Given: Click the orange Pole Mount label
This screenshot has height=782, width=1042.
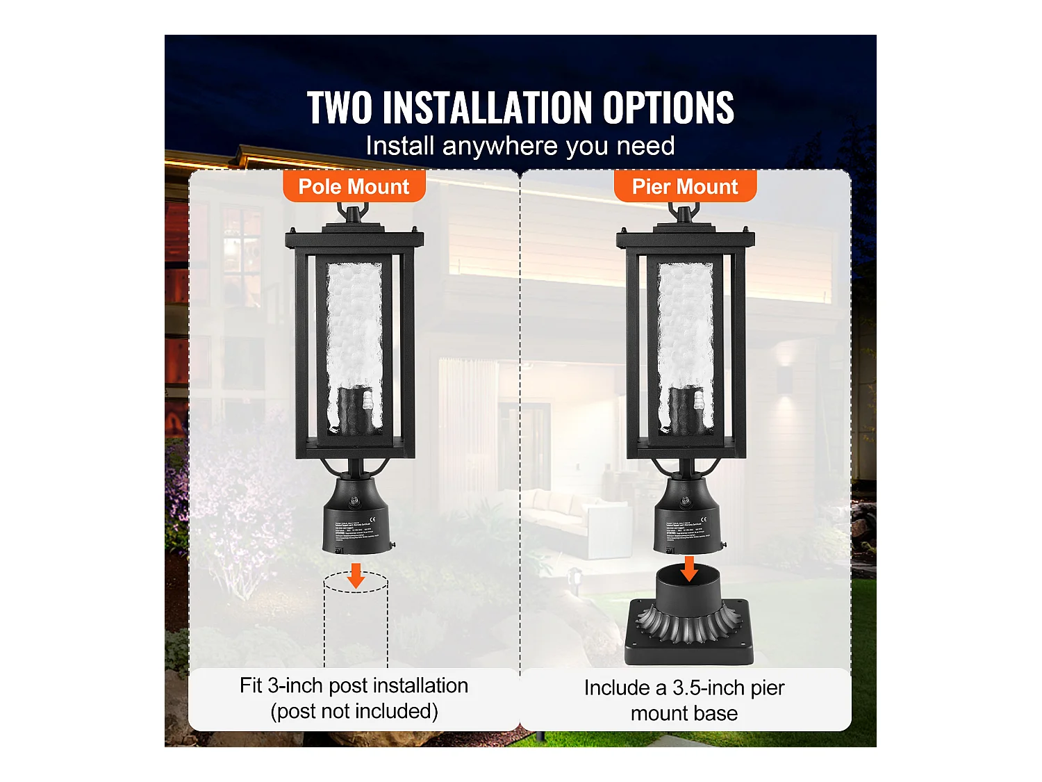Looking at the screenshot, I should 354,187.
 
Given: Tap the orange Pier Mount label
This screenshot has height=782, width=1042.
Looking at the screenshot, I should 685,187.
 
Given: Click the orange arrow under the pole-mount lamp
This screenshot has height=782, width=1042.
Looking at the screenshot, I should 356,575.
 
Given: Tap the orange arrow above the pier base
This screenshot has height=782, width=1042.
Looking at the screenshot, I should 689,568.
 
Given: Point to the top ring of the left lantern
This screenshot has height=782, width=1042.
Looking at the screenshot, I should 353,211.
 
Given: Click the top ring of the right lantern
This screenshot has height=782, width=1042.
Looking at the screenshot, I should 684,211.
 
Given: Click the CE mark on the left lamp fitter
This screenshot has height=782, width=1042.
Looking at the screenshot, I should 373,519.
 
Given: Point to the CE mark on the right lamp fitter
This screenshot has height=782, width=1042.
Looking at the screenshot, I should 704,519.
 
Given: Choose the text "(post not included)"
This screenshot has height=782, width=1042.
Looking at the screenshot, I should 354,712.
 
